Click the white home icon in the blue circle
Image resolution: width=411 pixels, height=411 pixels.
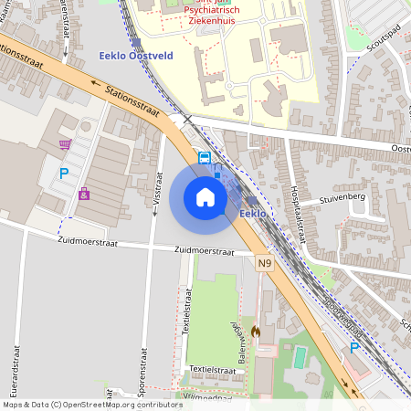[205, 197]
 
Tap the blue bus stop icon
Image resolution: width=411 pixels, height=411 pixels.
[204, 157]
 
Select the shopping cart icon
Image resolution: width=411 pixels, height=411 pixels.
[65, 144]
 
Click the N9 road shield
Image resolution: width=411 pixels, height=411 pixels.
[265, 264]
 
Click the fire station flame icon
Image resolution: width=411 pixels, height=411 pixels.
[255, 333]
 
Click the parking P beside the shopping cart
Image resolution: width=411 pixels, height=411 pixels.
[64, 173]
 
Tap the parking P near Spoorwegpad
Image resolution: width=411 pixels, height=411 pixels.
[354, 347]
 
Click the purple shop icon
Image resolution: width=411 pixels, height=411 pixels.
[84, 194]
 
